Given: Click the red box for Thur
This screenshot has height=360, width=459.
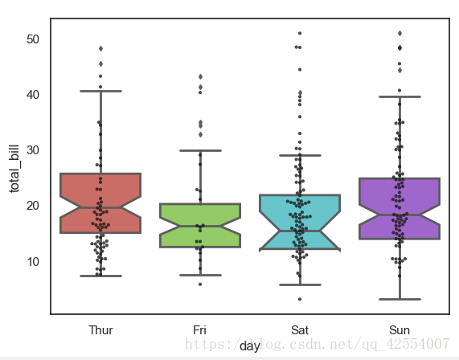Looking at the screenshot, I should (100, 193).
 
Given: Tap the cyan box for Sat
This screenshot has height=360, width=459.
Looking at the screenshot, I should (300, 211).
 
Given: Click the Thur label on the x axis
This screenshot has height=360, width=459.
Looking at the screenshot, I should (100, 329).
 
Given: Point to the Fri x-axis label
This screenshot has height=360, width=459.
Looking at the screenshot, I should (200, 329).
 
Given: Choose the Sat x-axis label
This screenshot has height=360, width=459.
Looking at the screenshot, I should (300, 329).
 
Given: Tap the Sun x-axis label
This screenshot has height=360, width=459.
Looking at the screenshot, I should (399, 329).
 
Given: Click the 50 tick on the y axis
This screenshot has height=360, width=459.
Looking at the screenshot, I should (32, 39).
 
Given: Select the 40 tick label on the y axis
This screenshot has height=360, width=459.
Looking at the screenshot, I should (32, 95).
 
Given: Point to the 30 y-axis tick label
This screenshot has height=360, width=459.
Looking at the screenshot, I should (32, 150).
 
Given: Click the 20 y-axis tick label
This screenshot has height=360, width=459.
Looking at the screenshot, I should (32, 206).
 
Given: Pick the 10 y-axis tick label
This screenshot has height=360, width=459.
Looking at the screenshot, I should (32, 261).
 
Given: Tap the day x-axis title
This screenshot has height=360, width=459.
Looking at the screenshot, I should (249, 346).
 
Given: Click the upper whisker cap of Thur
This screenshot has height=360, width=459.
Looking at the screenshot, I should (100, 91).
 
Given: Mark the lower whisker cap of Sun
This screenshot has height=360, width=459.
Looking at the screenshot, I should (399, 299).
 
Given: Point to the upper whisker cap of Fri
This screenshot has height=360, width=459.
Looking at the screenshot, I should (200, 150).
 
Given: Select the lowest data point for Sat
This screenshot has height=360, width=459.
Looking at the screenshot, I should (300, 299).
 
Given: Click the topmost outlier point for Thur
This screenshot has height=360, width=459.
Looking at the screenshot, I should (100, 48).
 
